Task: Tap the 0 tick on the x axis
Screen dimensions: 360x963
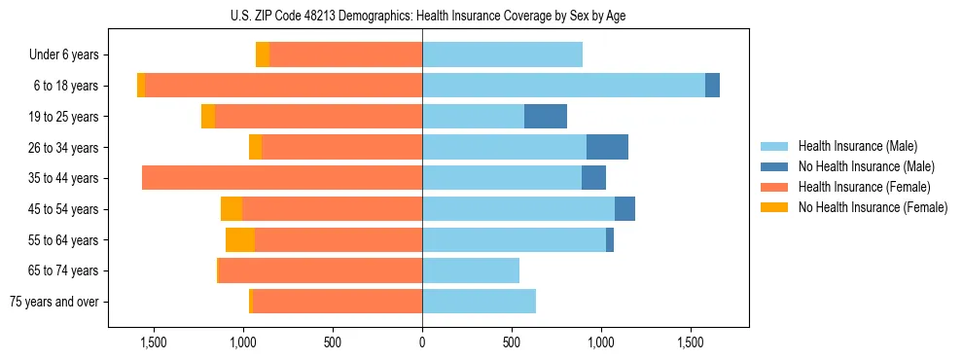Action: [422, 342]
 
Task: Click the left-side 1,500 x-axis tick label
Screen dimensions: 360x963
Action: [154, 342]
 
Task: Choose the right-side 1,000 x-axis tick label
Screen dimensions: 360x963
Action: [601, 342]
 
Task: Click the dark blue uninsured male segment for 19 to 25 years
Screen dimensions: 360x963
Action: [546, 117]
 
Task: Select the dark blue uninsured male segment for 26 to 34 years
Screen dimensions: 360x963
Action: [607, 147]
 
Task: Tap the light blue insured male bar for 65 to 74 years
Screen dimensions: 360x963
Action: [471, 270]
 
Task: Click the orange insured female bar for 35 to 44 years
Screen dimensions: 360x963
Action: [282, 178]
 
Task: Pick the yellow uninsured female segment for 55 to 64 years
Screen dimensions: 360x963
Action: [240, 239]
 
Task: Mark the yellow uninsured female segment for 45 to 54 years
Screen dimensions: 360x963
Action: [232, 209]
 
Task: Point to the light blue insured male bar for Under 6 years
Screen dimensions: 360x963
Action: [502, 55]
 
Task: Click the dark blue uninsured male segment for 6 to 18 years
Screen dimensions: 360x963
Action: [712, 86]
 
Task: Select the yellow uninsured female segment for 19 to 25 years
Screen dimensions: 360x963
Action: [208, 117]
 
